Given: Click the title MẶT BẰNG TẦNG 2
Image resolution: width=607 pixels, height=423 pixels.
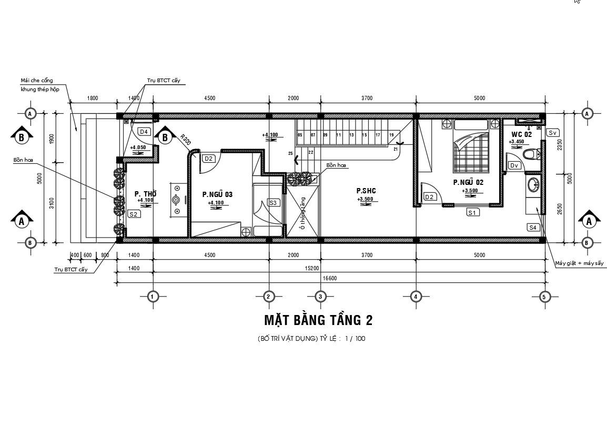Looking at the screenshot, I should (318, 320).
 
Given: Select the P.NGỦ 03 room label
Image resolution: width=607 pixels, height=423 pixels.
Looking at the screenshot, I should (217, 194).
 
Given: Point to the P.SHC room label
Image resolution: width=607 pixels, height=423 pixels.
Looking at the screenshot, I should (366, 191).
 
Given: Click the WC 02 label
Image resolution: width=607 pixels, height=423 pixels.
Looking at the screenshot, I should (521, 134).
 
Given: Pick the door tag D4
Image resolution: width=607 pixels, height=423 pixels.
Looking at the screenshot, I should (143, 131).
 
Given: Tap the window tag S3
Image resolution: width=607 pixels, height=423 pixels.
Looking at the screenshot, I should (273, 203).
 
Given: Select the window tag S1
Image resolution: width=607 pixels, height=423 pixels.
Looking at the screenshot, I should (472, 212).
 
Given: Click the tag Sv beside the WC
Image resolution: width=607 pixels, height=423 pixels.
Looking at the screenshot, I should (552, 133).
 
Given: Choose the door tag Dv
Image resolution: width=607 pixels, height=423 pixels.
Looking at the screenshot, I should (514, 165).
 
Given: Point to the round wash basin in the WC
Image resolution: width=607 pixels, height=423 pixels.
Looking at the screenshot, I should (533, 185).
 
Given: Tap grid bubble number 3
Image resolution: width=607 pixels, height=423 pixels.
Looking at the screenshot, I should (320, 297).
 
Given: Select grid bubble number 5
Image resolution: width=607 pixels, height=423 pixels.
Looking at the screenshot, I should (544, 297).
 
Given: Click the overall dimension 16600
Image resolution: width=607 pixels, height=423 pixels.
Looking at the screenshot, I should (330, 278).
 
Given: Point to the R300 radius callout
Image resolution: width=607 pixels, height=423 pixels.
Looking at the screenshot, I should (185, 141).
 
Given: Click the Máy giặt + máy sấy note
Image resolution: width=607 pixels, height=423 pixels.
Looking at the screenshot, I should (580, 263).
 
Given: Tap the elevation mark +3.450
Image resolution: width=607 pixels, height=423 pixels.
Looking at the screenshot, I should (517, 142).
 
